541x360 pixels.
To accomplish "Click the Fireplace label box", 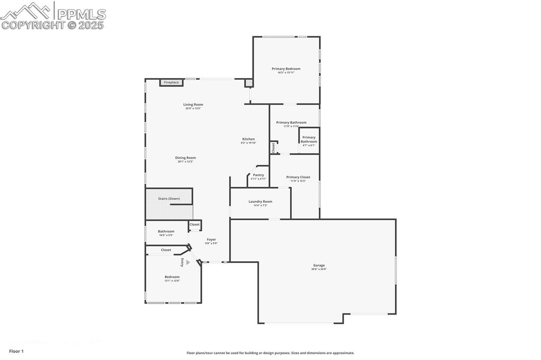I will [x=171, y=82].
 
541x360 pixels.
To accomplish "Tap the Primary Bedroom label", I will [x=286, y=69].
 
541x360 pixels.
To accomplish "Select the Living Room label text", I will [x=193, y=105].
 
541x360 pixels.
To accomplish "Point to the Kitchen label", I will [x=248, y=139].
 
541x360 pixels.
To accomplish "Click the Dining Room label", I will [x=185, y=158].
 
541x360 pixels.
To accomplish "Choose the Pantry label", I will [x=258, y=175].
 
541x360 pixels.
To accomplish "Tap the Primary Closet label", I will [x=298, y=177].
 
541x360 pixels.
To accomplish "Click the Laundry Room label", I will [x=260, y=202].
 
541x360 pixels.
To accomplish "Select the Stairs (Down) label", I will [x=169, y=198].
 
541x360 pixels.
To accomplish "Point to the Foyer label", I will [x=211, y=240].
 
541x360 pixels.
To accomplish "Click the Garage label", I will [x=319, y=266].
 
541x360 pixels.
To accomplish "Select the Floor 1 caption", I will [x=16, y=351].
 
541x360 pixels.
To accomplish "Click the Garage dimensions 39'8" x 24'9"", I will [x=319, y=270].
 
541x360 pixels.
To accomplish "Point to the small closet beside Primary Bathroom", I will [x=274, y=148].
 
